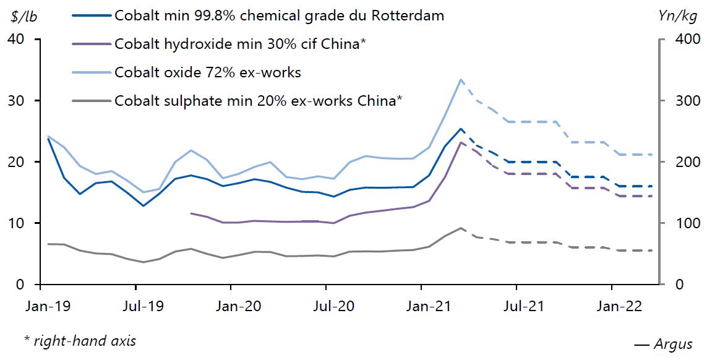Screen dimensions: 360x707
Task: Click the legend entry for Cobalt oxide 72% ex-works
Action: pos(207,72)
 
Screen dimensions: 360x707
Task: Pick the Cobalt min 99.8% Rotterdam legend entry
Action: pos(279,15)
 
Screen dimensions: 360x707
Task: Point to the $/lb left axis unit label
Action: pos(24,16)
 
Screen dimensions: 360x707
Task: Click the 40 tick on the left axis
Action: pos(17,40)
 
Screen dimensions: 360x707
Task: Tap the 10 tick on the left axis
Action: pos(17,223)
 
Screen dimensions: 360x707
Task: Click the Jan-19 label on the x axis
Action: pos(40,306)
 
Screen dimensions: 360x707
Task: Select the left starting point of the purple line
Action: pos(191,213)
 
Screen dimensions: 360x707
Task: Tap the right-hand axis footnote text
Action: pos(80,340)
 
